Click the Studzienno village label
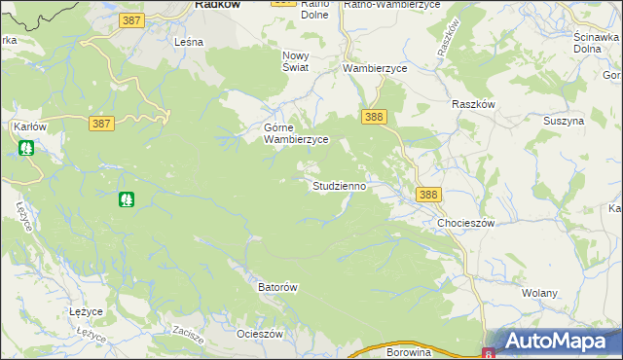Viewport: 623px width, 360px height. (x=339, y=185)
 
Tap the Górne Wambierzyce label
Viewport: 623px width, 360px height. (x=297, y=133)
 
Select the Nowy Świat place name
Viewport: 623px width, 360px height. (x=295, y=61)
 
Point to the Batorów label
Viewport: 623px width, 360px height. (x=276, y=288)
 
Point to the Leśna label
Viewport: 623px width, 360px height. (x=188, y=43)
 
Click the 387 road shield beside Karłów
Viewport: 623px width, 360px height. (x=101, y=124)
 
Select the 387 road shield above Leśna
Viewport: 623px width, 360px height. (x=133, y=19)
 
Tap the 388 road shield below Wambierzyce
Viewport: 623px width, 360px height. (x=375, y=117)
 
